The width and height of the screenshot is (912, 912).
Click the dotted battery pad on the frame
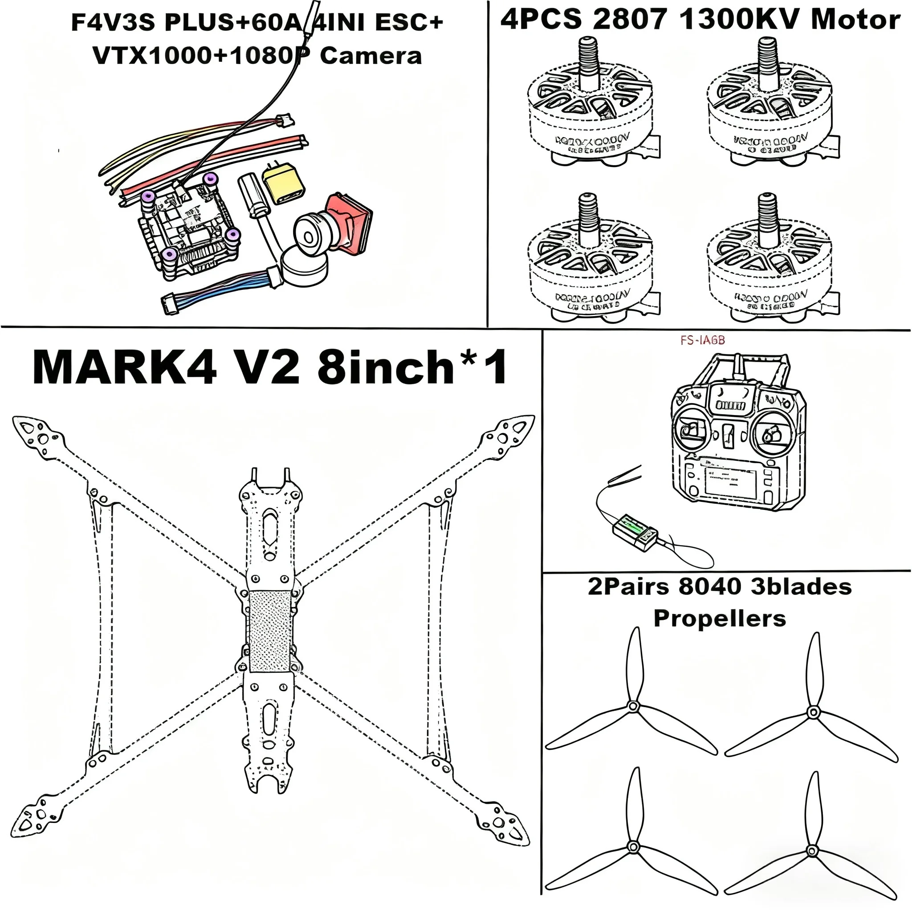click(x=269, y=631)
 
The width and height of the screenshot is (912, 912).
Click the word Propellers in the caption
click(x=720, y=619)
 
